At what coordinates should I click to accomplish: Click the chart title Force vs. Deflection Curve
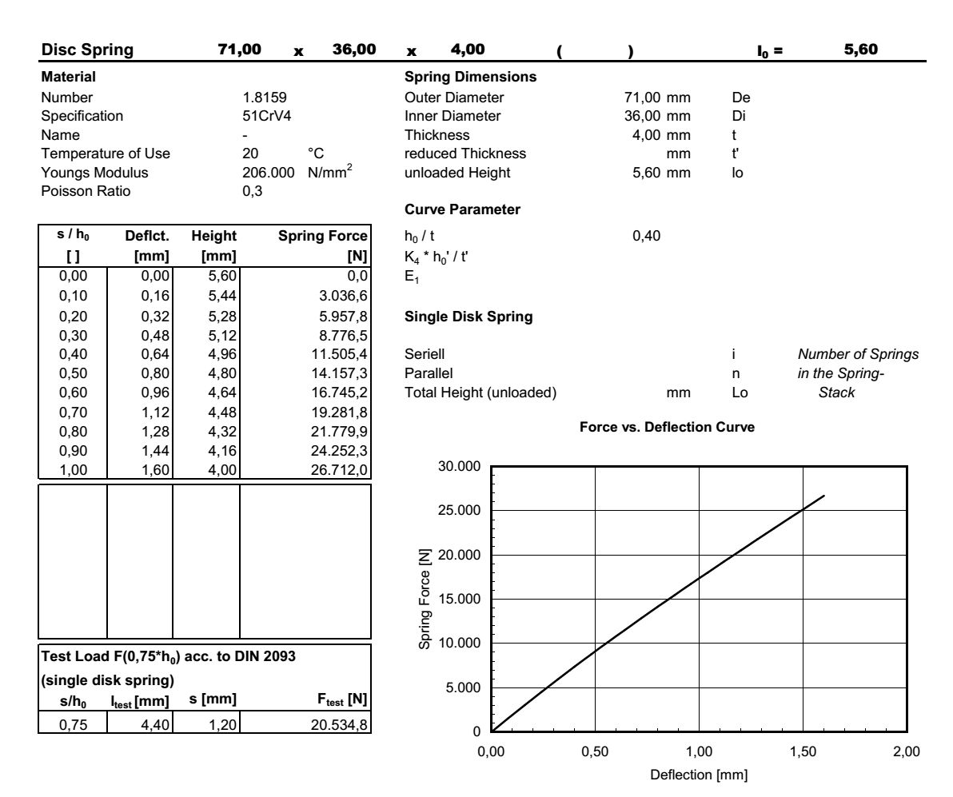[667, 428]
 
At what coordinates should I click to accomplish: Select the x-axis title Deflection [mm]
[698, 775]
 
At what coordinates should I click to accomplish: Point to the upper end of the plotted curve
[823, 496]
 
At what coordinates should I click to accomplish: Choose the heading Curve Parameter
[462, 210]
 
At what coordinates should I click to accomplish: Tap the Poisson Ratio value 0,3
[251, 190]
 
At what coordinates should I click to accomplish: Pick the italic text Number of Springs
[858, 354]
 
